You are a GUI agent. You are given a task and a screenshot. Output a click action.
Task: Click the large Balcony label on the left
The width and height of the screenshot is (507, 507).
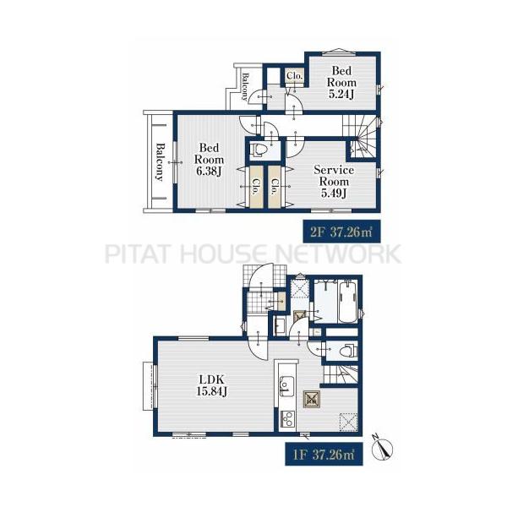click(159, 161)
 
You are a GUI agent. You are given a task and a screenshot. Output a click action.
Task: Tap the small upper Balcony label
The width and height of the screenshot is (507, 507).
click(245, 87)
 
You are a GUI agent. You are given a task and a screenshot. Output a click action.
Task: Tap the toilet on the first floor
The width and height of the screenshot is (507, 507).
click(346, 350)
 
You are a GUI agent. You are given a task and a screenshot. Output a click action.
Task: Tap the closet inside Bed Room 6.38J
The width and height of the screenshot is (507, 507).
click(254, 185)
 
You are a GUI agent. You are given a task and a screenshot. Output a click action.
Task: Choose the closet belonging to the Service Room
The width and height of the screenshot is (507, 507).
click(275, 185)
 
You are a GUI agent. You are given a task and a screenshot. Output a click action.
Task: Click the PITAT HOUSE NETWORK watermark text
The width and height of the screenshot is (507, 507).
click(253, 253)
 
